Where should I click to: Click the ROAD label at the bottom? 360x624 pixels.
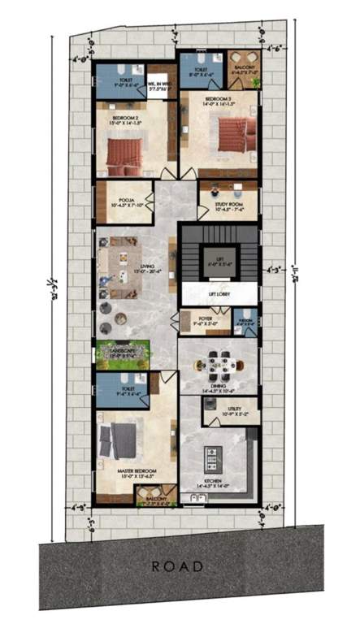[x=176, y=565]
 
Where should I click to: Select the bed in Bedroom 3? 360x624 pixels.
[x=233, y=134]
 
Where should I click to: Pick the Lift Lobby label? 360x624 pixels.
[x=217, y=292]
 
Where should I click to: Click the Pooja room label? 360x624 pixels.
[x=125, y=200]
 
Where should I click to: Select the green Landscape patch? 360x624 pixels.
[x=122, y=354]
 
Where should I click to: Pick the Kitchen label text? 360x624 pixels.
[x=212, y=484]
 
